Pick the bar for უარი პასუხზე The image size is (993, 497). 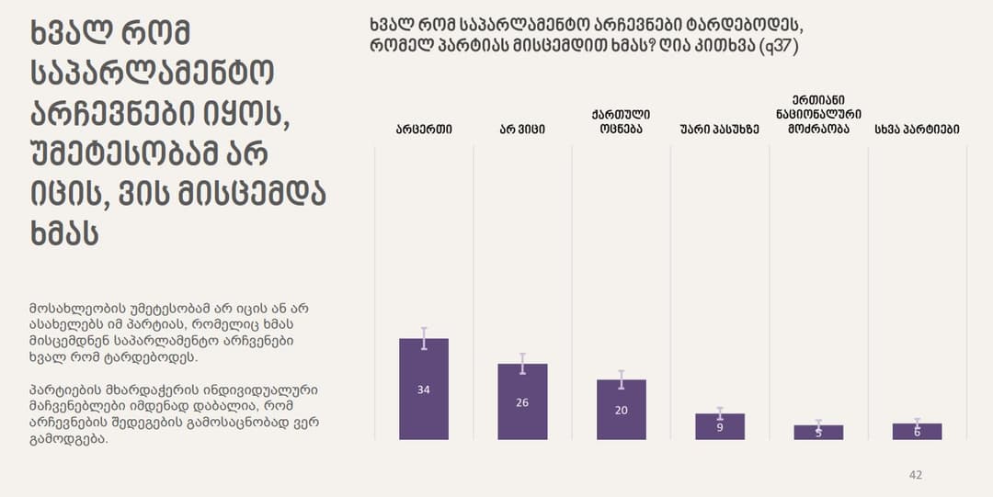point(720,428)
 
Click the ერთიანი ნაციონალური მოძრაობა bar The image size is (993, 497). point(818,433)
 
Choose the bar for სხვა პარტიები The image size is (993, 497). point(917,432)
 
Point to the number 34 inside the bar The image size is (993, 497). point(424,390)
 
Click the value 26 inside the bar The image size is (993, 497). point(522,402)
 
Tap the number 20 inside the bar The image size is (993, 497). point(622,411)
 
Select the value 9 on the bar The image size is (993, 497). point(720,426)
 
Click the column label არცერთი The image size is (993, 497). point(424,130)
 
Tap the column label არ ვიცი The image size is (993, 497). point(522,130)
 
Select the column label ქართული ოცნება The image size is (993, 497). point(622,121)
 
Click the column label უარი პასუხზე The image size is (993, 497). point(720,130)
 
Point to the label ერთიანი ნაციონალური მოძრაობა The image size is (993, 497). point(818,114)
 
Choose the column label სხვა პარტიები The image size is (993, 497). point(917,130)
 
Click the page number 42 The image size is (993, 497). point(915,475)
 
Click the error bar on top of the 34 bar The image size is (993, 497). point(424,337)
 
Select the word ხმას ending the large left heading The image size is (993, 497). point(65,232)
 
